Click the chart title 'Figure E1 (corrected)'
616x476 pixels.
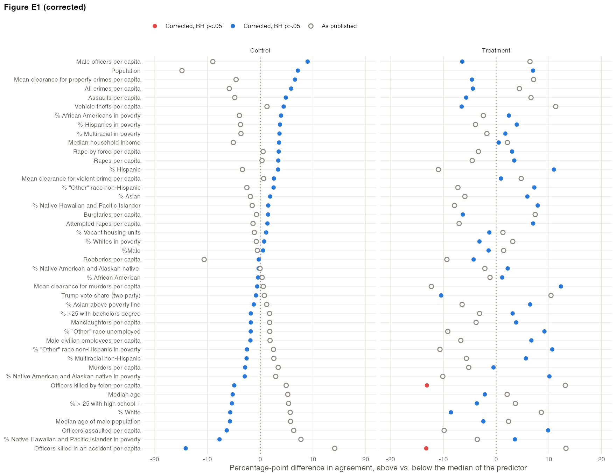pos(45,7)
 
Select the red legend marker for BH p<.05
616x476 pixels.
pos(155,26)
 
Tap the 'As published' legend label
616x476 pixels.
pos(339,26)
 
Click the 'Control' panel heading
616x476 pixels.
pos(260,50)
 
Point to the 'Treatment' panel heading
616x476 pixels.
pos(496,50)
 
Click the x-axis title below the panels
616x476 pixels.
pos(378,468)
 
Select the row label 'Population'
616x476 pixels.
pos(126,71)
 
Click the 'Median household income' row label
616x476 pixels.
pos(104,142)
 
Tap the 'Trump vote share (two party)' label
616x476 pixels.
pos(101,295)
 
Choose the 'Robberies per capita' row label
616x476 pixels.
pos(112,259)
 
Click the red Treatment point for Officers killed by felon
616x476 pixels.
pos(427,385)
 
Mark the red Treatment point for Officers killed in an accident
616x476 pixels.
pos(426,448)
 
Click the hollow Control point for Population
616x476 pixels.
pos(182,71)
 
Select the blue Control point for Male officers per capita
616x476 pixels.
pos(308,62)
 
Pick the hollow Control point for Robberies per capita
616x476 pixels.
pos(204,259)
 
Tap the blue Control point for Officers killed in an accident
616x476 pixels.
pos(185,448)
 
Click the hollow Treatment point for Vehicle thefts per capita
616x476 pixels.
pos(555,106)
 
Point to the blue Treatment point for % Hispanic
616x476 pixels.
pos(554,169)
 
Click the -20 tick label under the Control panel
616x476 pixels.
pos(154,459)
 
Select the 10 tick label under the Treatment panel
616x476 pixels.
pos(549,459)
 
